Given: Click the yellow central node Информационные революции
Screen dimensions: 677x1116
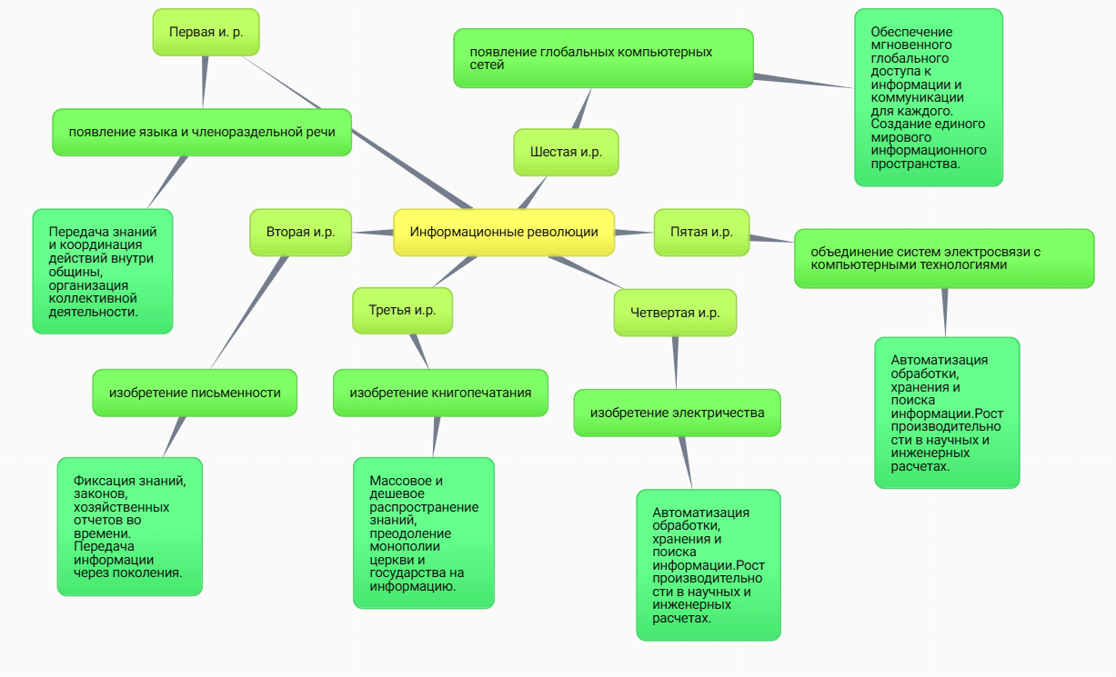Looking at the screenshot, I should pos(504,233).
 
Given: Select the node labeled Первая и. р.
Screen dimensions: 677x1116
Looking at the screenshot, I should pos(206,32).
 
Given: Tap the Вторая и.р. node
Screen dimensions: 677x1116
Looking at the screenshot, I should pos(300,233).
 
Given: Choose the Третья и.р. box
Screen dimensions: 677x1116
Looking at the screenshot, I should pos(402,311).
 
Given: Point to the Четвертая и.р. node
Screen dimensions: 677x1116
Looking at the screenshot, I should pos(675,313).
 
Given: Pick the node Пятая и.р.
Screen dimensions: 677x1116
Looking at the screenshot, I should pos(701,233).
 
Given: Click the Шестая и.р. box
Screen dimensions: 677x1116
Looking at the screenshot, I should pos(566,152).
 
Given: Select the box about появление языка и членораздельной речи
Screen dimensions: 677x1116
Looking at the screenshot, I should pos(202,133).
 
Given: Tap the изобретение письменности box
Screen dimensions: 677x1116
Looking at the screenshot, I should pos(195,393).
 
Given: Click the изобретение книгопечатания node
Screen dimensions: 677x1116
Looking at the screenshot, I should pos(440,393).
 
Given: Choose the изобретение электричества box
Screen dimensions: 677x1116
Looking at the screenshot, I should pos(677,413).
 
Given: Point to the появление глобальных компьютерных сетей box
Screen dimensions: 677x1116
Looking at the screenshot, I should pos(603,58).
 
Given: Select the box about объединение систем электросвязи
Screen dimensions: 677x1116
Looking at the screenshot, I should pos(944,259).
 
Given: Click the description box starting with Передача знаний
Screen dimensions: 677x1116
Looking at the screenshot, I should pos(102,272).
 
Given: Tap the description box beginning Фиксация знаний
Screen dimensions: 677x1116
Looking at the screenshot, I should pos(129,526).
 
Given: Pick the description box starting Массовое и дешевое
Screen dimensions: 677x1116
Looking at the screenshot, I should pos(423,533).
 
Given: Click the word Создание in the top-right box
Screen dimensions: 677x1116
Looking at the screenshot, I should pos(895,124).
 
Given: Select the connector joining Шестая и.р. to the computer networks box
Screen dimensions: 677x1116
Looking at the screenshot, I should pos(580,109).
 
